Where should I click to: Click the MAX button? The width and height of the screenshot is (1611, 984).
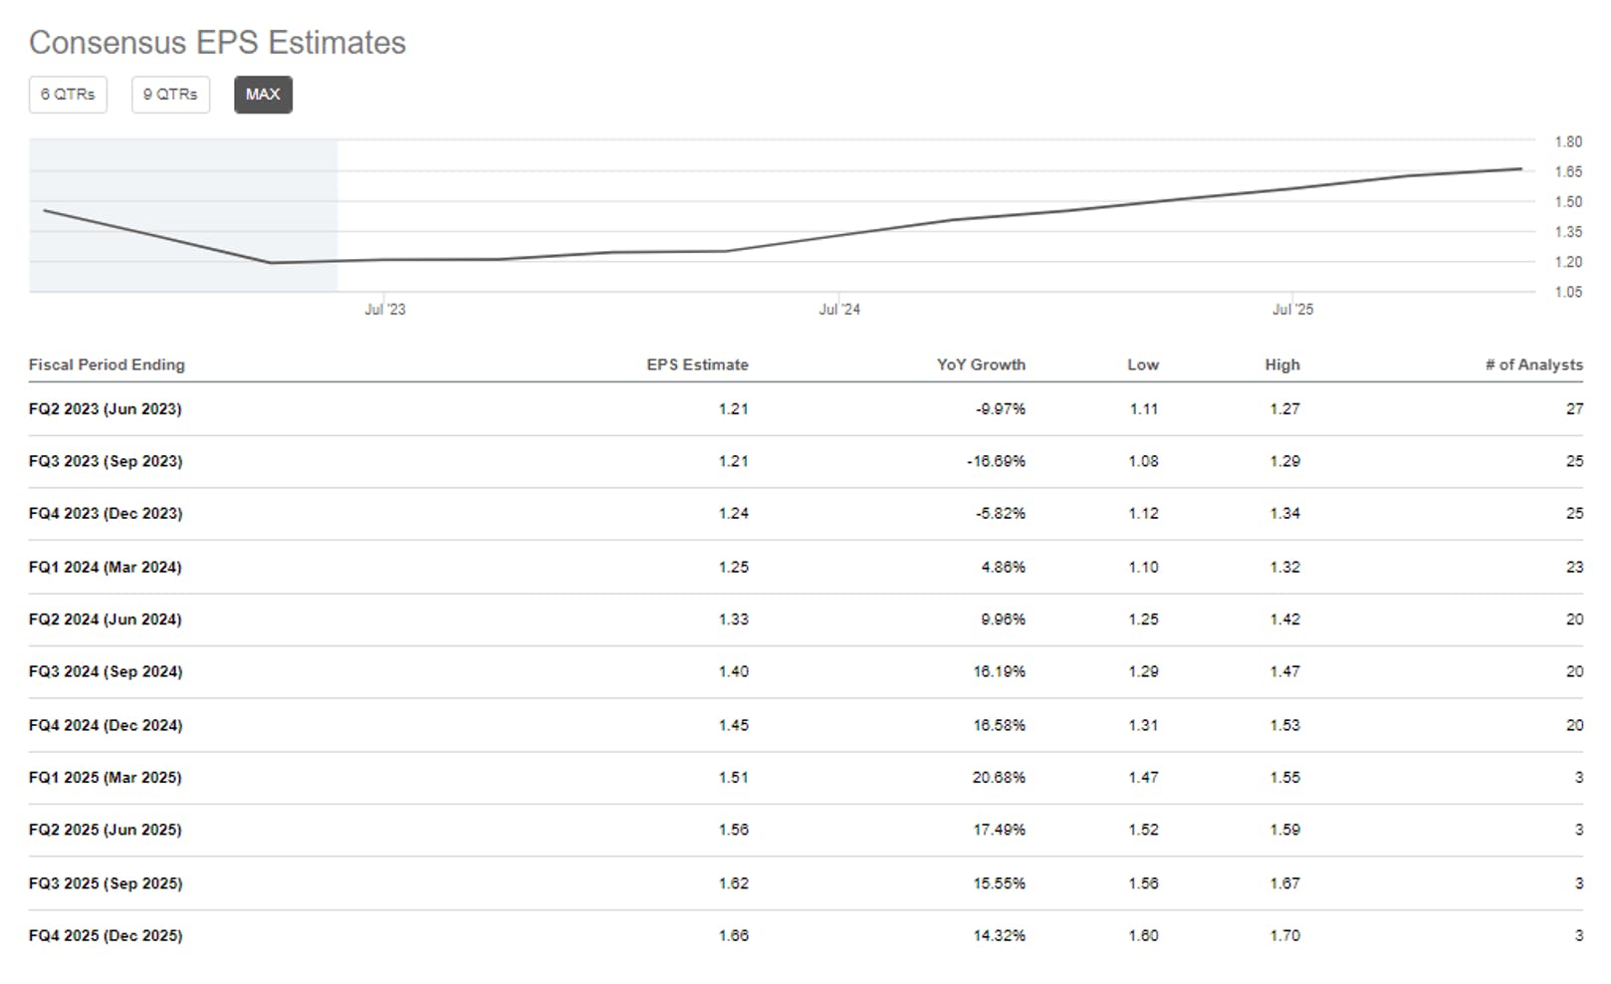click(x=263, y=95)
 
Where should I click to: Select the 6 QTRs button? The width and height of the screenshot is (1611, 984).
click(x=69, y=95)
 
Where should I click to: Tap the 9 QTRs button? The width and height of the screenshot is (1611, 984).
click(x=170, y=95)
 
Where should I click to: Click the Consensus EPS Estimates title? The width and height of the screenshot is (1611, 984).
click(x=217, y=43)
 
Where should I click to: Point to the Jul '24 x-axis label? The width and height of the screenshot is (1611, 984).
click(x=839, y=310)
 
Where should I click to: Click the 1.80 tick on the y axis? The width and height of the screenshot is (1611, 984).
click(x=1568, y=141)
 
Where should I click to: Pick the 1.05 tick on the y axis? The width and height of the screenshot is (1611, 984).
click(x=1568, y=292)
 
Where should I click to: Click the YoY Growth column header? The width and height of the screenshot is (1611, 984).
click(x=981, y=365)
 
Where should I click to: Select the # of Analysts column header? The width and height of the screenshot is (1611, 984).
click(x=1534, y=365)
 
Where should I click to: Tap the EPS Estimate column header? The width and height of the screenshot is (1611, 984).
click(x=698, y=365)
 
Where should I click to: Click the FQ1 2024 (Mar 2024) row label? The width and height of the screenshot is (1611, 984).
click(x=105, y=567)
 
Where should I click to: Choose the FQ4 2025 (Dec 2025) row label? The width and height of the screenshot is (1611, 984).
click(x=106, y=935)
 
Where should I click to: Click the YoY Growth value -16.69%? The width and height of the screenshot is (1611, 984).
click(x=996, y=461)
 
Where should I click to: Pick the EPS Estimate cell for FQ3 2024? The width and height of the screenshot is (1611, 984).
click(x=734, y=671)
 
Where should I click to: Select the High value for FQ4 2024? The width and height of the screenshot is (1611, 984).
click(x=1285, y=725)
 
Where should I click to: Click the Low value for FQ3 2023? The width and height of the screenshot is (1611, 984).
click(x=1143, y=461)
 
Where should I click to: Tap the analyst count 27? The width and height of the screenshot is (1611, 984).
click(x=1575, y=408)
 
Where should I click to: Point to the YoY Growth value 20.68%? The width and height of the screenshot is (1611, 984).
click(x=999, y=777)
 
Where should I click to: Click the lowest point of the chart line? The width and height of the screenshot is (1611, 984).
click(x=271, y=263)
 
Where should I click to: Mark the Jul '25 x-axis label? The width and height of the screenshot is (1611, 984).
click(x=1292, y=310)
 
